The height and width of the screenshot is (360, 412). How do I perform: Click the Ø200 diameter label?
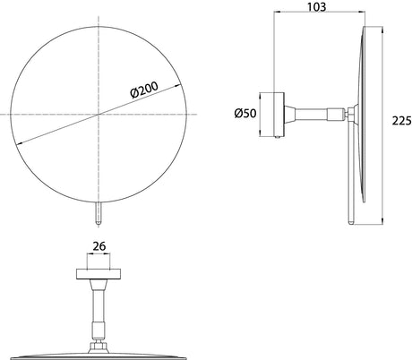144,90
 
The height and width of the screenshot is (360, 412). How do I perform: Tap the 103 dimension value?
317,6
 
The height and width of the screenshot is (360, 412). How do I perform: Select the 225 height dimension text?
401,121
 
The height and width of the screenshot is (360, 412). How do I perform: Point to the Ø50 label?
245,114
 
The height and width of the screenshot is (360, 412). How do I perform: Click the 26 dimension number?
99,246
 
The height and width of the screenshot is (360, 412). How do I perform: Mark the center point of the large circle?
99,114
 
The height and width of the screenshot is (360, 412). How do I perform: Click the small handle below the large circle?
99,213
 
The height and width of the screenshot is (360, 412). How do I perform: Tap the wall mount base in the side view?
271,115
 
